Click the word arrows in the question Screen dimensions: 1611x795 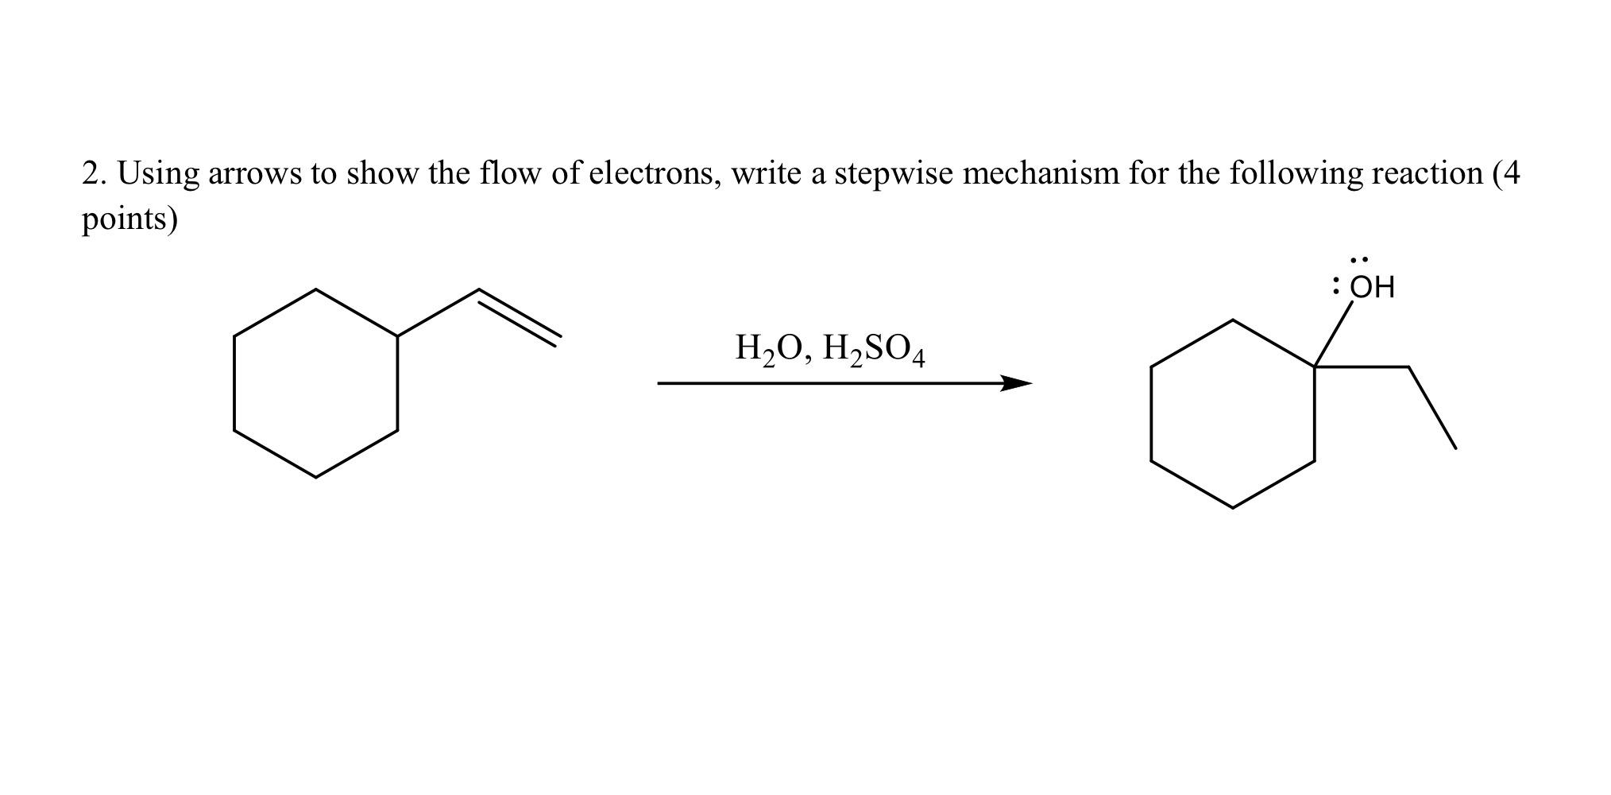[254, 173]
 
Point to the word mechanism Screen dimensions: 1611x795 [1041, 173]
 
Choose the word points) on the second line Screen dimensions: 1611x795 [129, 219]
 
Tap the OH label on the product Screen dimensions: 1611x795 [1372, 287]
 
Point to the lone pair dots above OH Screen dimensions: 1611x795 [1359, 260]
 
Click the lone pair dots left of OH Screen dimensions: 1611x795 [1337, 286]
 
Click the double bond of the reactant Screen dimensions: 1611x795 [520, 317]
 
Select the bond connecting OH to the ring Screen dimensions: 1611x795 [1333, 333]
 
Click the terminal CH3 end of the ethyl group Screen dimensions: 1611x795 [1455, 448]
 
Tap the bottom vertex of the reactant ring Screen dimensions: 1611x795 [316, 477]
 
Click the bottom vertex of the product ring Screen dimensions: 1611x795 [1232, 507]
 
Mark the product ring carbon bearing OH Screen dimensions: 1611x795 [1314, 366]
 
